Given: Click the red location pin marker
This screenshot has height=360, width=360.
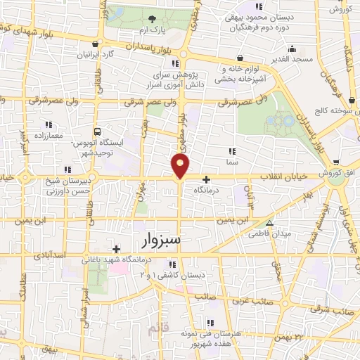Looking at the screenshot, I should pyautogui.click(x=181, y=166).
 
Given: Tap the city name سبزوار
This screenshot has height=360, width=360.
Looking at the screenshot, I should pyautogui.click(x=161, y=241).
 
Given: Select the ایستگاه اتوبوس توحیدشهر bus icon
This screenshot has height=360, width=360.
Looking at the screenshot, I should pyautogui.click(x=96, y=131).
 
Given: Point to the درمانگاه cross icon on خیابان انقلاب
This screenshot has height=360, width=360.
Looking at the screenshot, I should pyautogui.click(x=206, y=179).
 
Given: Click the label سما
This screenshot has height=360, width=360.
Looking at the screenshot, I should pyautogui.click(x=231, y=162).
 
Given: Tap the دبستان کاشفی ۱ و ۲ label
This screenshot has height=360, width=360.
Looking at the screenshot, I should pyautogui.click(x=172, y=275).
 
